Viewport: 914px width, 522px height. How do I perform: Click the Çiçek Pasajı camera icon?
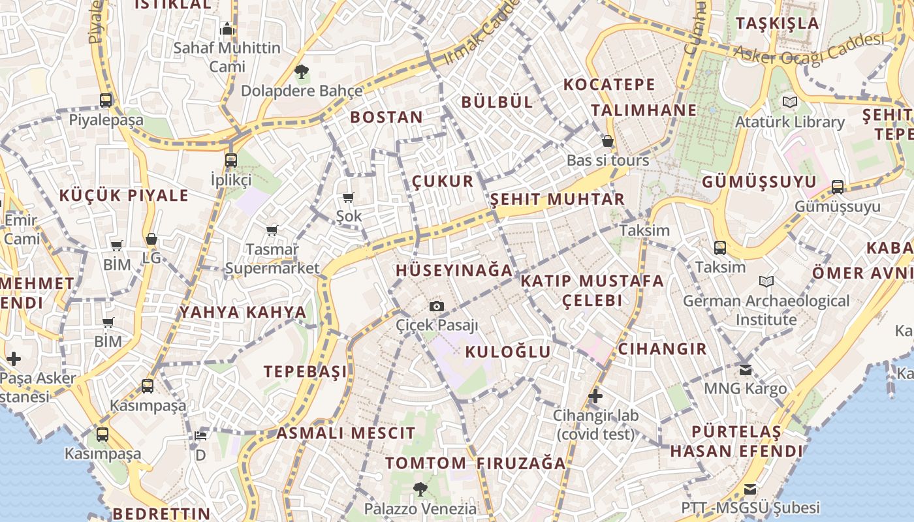click(437, 306)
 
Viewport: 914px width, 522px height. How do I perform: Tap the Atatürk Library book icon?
click(790, 102)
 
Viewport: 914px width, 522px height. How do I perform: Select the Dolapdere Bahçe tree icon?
click(301, 71)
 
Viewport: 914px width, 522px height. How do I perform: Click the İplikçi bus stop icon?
click(230, 160)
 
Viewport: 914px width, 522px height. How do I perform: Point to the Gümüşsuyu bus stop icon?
click(838, 187)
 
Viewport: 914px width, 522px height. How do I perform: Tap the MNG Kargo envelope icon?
click(746, 369)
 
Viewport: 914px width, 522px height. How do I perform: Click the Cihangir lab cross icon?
click(595, 395)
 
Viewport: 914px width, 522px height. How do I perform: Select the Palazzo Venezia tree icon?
click(420, 489)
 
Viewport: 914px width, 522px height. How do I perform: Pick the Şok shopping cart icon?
click(349, 197)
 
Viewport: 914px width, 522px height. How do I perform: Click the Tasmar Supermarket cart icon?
click(272, 230)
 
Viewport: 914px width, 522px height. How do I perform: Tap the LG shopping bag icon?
click(151, 239)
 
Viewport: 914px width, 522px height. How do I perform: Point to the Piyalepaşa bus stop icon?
click(106, 100)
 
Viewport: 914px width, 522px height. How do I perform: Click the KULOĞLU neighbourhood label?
click(508, 352)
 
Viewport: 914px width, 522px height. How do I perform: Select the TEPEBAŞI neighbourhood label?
click(306, 371)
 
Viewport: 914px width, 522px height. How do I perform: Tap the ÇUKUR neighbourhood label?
click(443, 181)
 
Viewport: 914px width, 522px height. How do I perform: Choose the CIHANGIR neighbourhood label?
click(662, 348)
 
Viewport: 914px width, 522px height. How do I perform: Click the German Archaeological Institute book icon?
click(766, 281)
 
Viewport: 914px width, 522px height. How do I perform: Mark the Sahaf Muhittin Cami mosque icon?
click(227, 29)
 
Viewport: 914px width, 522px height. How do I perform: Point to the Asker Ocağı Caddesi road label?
click(809, 48)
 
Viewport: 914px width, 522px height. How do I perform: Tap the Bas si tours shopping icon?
click(608, 141)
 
